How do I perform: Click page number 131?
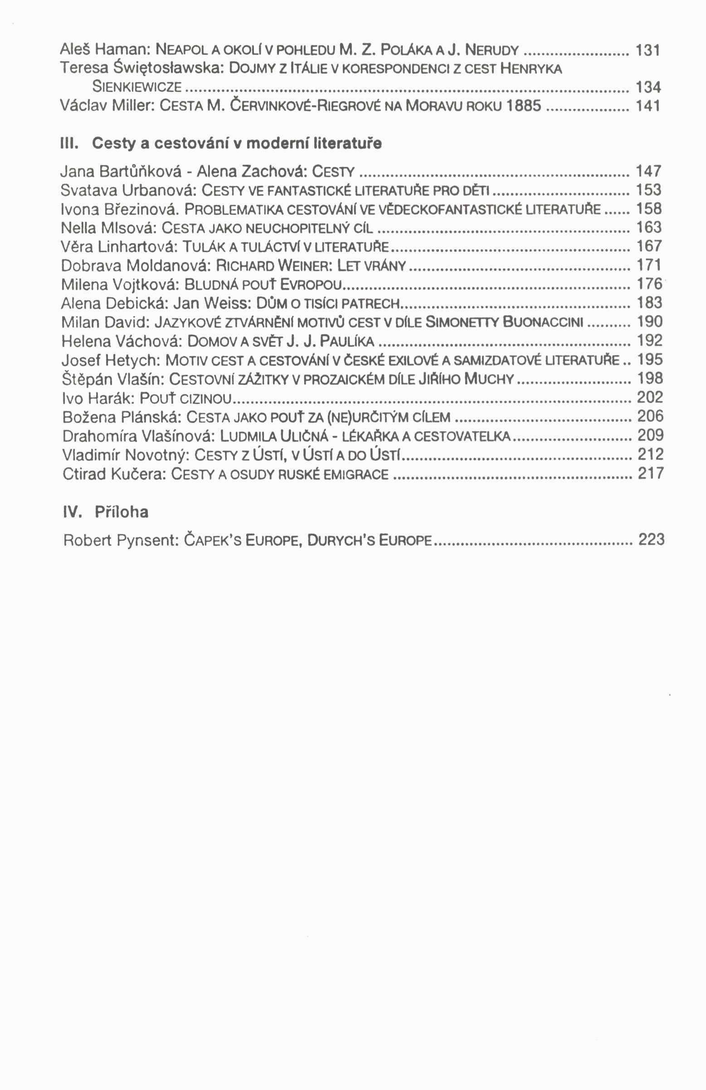tap(647, 49)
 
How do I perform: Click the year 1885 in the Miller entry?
tap(524, 106)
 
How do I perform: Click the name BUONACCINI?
tap(543, 322)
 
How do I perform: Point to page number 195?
tap(650, 360)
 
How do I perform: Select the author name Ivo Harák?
tap(97, 398)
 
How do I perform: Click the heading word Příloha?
tap(122, 511)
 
